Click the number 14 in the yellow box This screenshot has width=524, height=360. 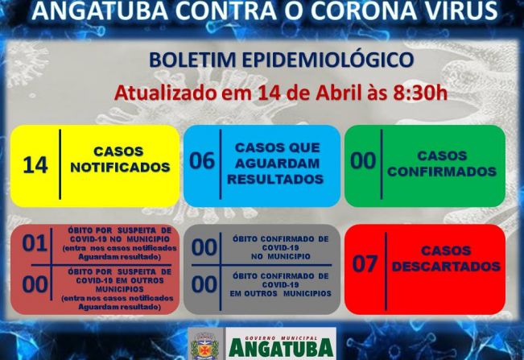(35, 164)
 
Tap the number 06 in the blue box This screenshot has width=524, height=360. (202, 161)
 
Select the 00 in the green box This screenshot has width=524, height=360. (363, 161)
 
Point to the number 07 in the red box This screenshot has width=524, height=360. (365, 263)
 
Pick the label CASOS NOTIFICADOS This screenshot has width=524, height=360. (119, 159)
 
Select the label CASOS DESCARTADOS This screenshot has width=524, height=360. (445, 259)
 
